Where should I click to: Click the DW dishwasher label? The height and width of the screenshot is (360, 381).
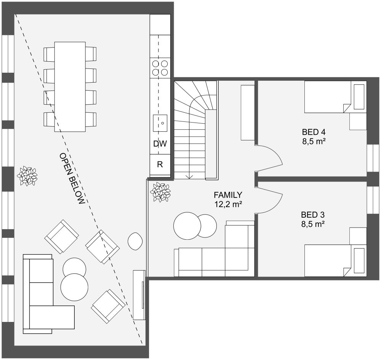tap(160, 144)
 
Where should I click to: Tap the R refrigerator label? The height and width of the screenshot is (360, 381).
tap(160, 165)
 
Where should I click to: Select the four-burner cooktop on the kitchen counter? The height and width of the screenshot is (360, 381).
tap(160, 68)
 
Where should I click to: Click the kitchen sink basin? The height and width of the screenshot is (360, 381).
tap(160, 123)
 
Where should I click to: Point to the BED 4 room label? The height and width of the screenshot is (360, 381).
tap(314, 132)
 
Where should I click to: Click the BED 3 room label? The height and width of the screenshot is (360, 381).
tap(313, 214)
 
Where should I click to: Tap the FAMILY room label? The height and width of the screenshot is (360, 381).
tap(228, 195)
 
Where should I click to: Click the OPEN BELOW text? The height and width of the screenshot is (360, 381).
tap(71, 179)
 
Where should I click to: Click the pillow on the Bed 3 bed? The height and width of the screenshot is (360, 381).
tap(359, 260)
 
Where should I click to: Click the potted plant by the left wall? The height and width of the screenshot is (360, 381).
tap(27, 176)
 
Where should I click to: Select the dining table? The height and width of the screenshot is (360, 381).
tap(70, 87)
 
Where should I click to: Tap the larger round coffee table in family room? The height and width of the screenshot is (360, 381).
tap(187, 226)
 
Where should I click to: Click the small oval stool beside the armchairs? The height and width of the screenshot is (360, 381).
tap(135, 241)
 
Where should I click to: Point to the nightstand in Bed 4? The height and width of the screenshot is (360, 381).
tap(358, 121)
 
